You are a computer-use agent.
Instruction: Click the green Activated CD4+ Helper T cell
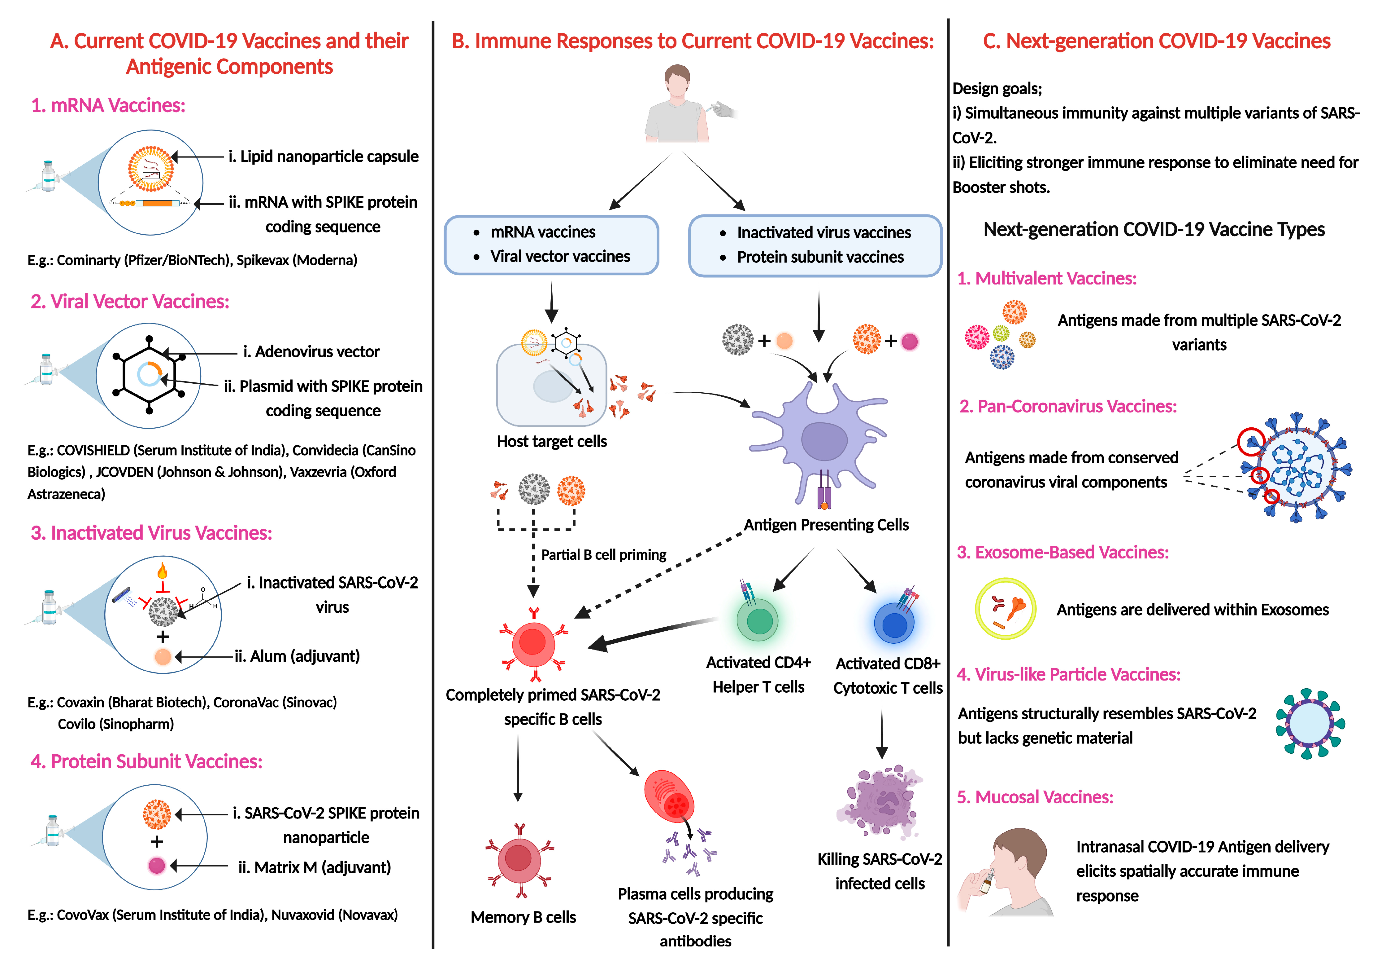pyautogui.click(x=758, y=621)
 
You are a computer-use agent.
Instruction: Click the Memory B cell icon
pyautogui.click(x=519, y=860)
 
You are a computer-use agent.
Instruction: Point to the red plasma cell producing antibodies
pyautogui.click(x=669, y=796)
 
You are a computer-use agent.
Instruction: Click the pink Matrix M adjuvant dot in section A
pyautogui.click(x=157, y=866)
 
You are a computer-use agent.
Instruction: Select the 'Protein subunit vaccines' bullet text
pyautogui.click(x=820, y=257)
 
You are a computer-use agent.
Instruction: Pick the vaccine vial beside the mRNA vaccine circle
pyautogui.click(x=48, y=177)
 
